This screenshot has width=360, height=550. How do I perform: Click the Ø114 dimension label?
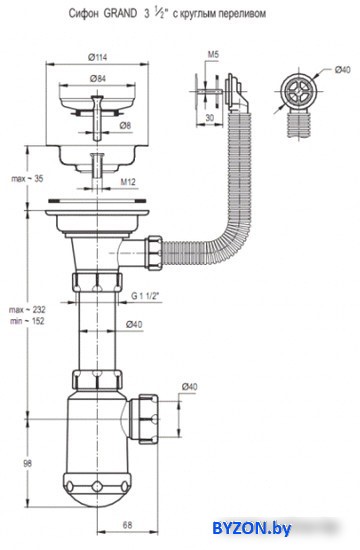click(98, 57)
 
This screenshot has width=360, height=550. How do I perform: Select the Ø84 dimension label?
click(98, 79)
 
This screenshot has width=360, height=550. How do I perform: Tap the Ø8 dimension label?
click(125, 125)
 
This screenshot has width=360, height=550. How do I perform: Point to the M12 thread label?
click(128, 182)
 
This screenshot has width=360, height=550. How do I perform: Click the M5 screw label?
click(213, 54)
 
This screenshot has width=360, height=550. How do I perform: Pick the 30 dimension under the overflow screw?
click(209, 118)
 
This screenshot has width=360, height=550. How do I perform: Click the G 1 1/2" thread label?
click(145, 296)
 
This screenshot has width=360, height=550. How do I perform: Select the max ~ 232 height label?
click(27, 310)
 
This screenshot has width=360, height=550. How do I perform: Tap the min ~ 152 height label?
click(27, 321)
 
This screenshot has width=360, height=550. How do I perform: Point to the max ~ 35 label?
click(27, 179)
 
